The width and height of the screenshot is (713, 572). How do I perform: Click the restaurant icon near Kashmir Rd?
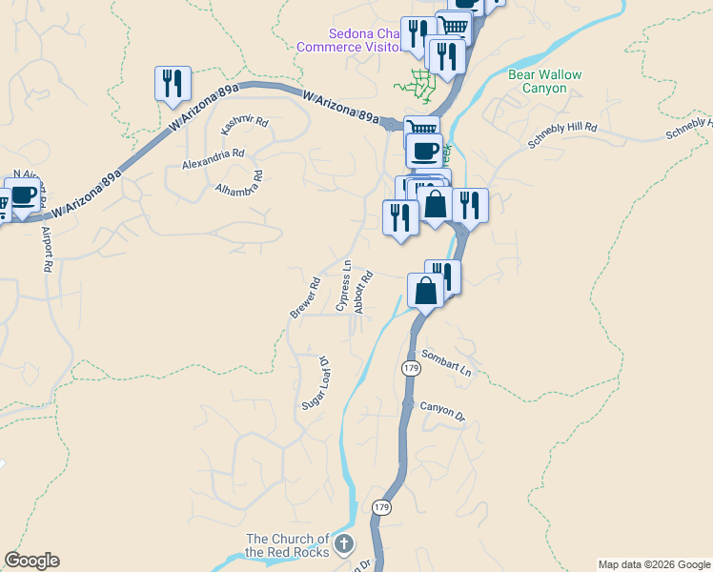click(173, 83)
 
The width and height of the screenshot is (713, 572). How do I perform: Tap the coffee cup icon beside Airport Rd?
click(23, 196)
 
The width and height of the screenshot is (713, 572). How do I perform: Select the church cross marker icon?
click(344, 544)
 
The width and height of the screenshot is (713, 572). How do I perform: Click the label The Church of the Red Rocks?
click(287, 545)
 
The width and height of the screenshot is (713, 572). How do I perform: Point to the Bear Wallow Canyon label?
click(544, 81)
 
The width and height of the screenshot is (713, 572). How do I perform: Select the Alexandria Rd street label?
click(214, 158)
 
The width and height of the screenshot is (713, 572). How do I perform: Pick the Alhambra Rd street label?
click(239, 180)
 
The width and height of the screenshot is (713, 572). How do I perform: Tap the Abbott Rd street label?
click(362, 292)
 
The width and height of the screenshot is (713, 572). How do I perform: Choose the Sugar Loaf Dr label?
click(315, 384)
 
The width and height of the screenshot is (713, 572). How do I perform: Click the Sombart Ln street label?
click(446, 362)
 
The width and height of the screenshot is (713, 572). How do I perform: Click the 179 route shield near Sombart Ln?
click(411, 368)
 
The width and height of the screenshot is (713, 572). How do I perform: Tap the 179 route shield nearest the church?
click(382, 507)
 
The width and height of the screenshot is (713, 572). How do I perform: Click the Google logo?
click(31, 561)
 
